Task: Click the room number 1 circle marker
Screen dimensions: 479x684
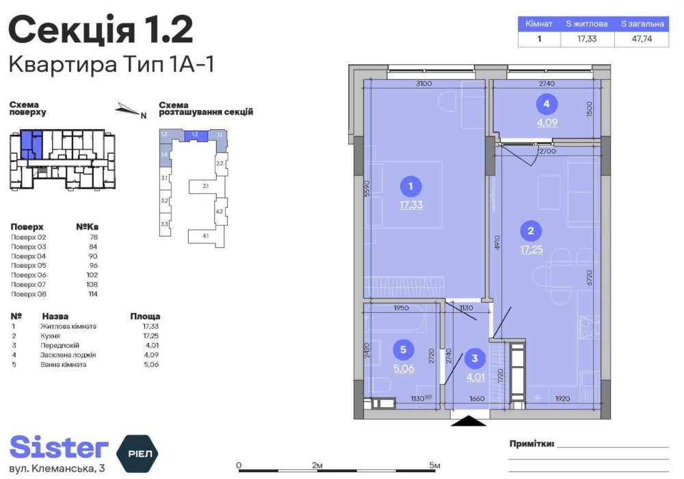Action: click(x=410, y=186)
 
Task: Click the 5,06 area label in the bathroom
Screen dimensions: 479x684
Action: click(x=404, y=369)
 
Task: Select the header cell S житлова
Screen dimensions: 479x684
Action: click(x=587, y=24)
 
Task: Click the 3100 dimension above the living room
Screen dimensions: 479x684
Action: click(x=424, y=84)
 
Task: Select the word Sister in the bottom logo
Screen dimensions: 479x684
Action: click(x=59, y=447)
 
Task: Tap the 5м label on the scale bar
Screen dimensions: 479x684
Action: click(x=435, y=465)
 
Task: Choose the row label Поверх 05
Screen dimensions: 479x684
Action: click(x=28, y=265)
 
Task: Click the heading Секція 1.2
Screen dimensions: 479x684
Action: click(x=101, y=31)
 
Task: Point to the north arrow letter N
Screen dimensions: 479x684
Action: click(x=143, y=115)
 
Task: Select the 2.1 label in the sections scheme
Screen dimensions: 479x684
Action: click(x=205, y=185)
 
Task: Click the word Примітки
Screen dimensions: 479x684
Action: click(x=531, y=443)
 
